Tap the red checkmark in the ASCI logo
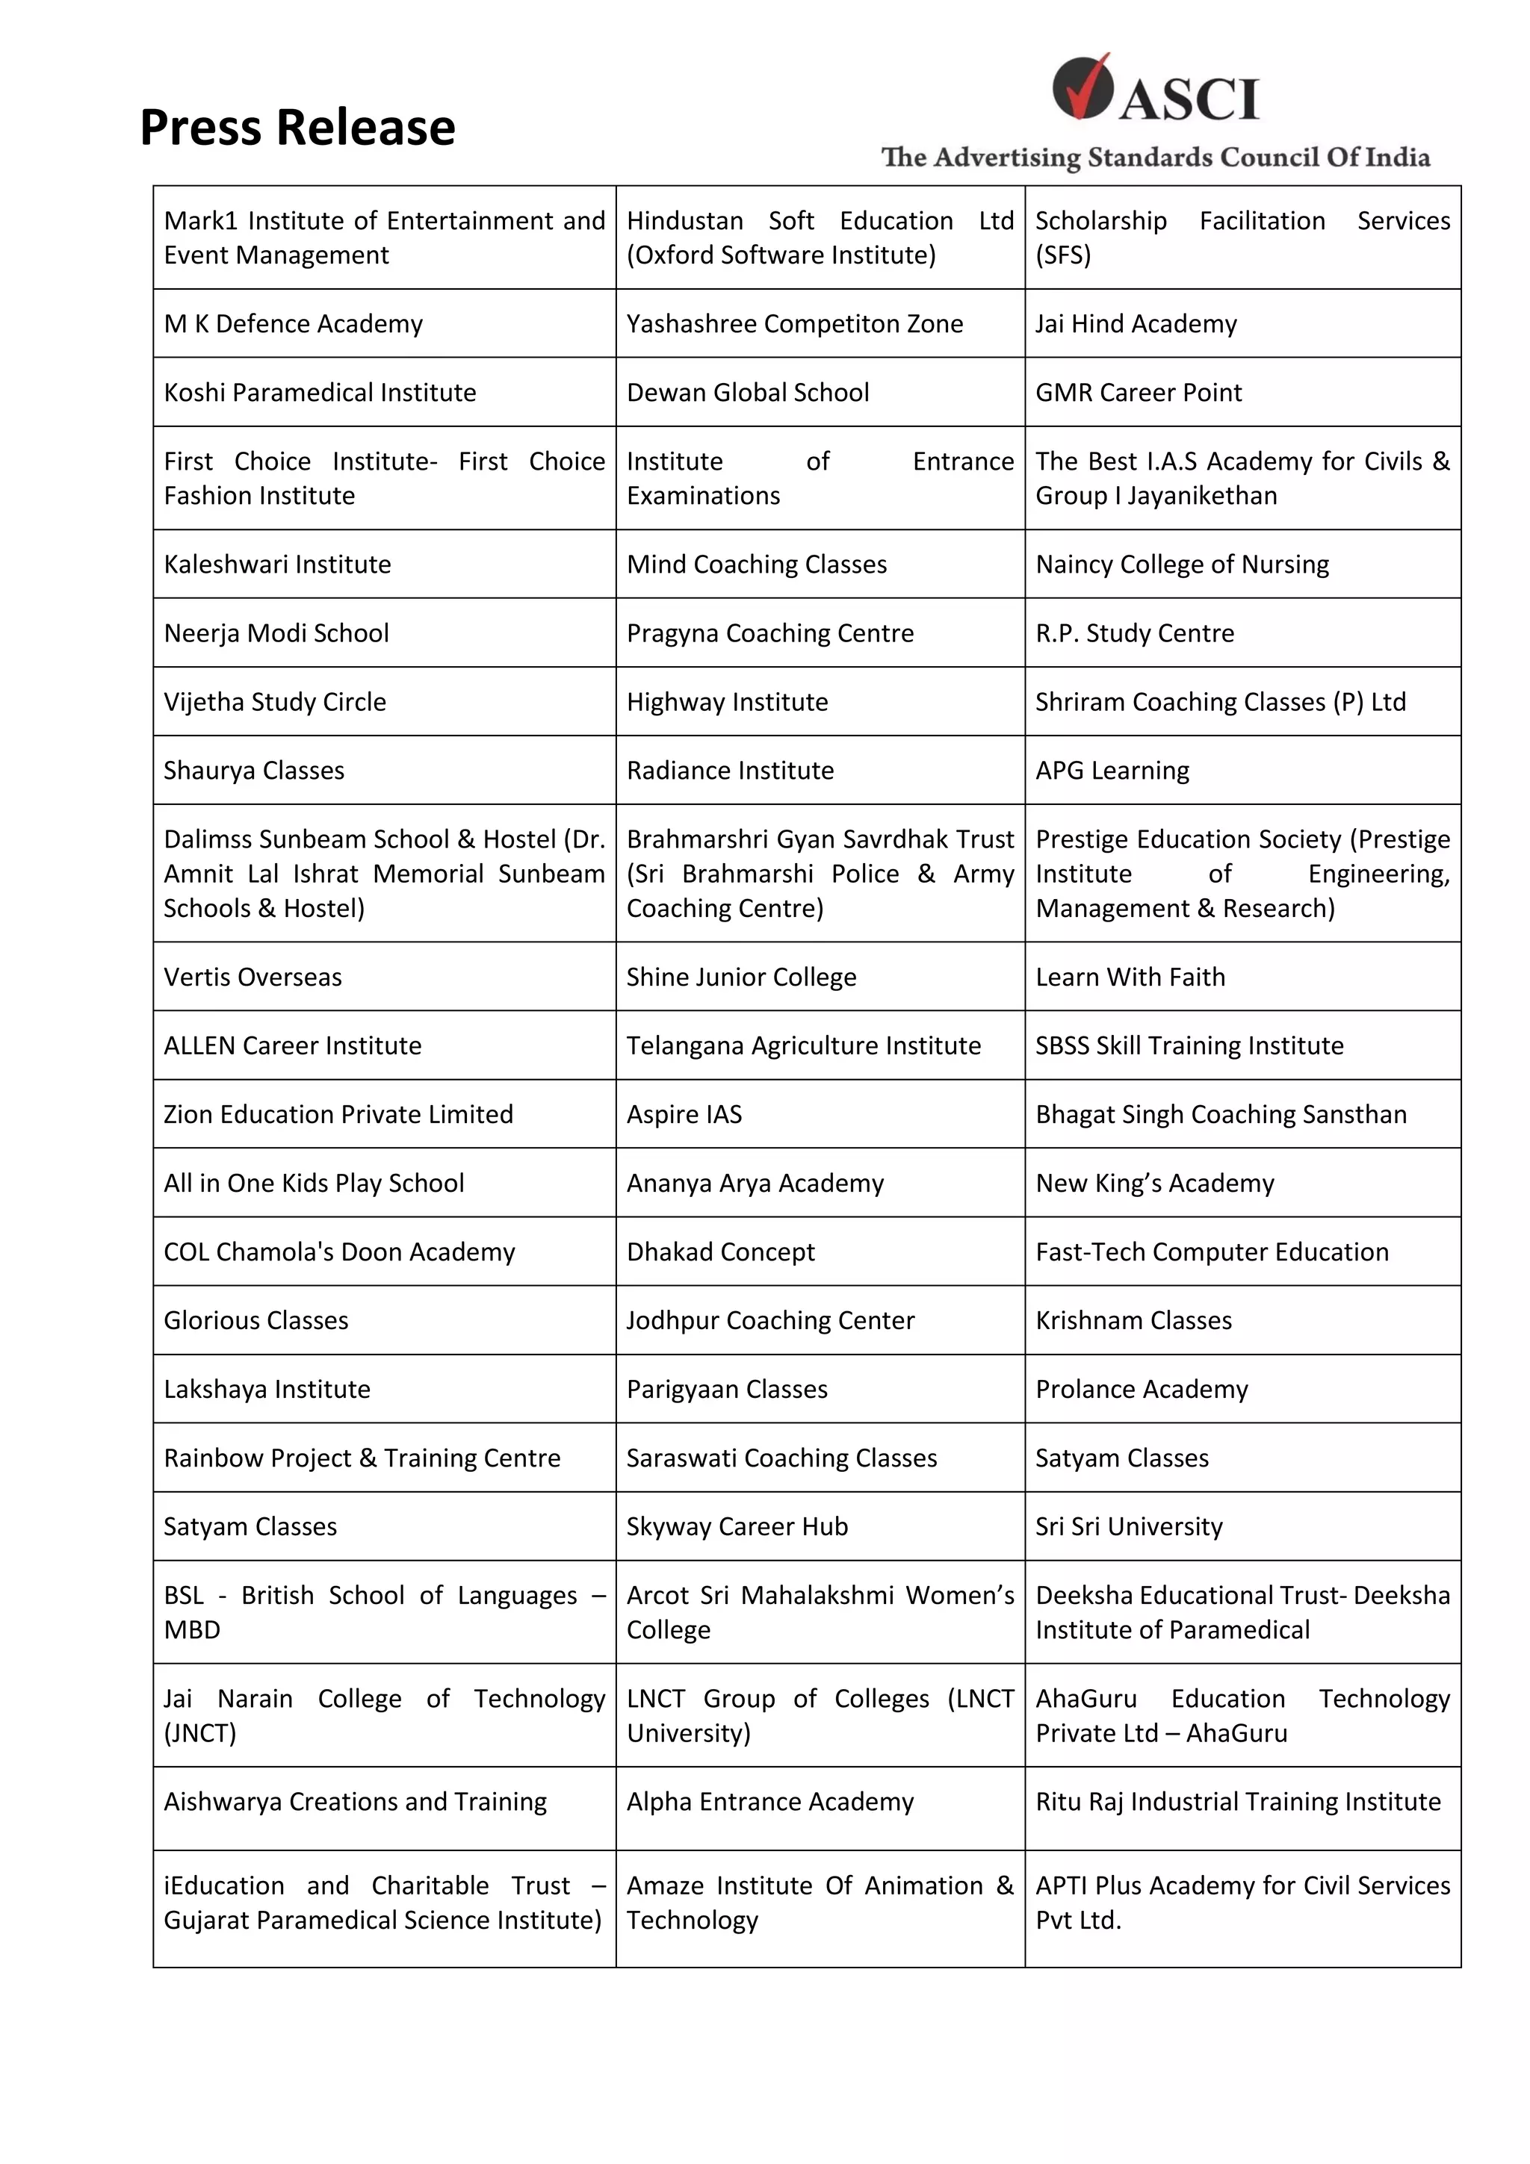[1084, 87]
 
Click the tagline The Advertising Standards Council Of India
[1155, 158]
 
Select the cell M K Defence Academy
[293, 323]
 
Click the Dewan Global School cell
[748, 392]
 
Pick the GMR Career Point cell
[1138, 392]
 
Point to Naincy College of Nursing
[1181, 564]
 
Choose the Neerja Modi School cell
[276, 632]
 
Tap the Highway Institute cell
[727, 701]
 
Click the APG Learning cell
[1112, 770]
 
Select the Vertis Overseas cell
[253, 977]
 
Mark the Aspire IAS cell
[684, 1114]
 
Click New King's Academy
[1154, 1183]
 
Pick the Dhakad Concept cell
[720, 1252]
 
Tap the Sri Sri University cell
[1128, 1526]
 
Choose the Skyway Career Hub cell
[737, 1526]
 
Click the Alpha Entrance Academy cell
[770, 1801]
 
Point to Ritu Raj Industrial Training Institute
[1237, 1801]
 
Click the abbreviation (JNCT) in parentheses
[200, 1732]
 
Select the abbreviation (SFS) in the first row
[1062, 255]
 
